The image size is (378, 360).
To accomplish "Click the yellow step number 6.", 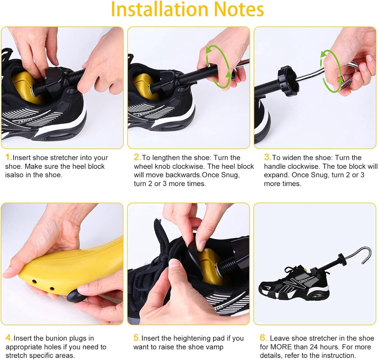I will point(263,338).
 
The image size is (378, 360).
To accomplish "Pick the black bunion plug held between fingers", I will point(77,295).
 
